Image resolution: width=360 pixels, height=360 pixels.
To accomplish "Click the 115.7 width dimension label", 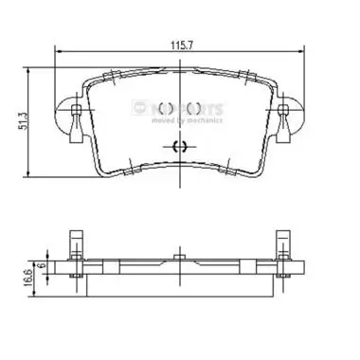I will click(179, 44).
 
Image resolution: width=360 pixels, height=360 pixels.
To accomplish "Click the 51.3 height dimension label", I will click(33, 121).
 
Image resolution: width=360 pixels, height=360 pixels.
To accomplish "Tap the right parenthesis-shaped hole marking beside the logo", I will click(194, 109).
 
